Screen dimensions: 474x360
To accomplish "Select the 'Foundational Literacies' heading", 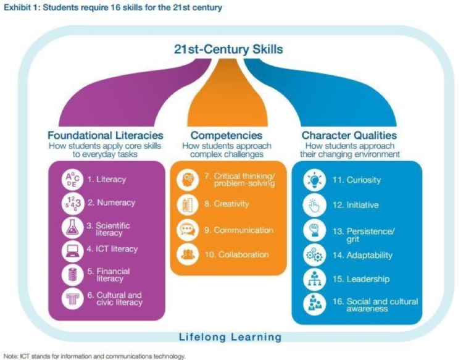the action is [x=106, y=135].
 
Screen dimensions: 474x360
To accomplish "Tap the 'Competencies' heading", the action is [x=226, y=135].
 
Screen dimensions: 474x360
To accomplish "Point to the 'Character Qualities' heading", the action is [x=349, y=135].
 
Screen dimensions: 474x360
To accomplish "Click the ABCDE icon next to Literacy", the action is [x=73, y=180].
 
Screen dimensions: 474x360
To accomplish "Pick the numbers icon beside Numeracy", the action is [x=73, y=203].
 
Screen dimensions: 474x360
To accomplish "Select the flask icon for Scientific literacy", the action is [x=73, y=227].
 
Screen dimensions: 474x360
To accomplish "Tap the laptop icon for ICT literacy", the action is [x=73, y=250].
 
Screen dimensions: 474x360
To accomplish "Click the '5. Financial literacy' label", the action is [x=109, y=275].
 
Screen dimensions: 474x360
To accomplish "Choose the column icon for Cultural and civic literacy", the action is [x=73, y=299].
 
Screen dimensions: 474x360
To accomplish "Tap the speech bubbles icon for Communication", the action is [x=187, y=230].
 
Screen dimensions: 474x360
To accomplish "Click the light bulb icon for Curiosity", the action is [x=315, y=180].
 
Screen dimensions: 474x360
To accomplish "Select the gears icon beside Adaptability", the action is [x=315, y=255].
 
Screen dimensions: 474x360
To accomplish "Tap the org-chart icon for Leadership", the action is [x=315, y=279].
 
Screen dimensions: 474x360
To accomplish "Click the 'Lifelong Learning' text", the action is [x=230, y=337].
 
